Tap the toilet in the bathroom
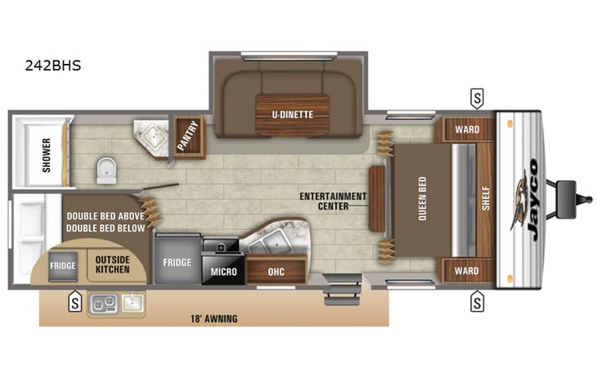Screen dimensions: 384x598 (105, 169)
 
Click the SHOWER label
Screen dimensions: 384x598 (46, 153)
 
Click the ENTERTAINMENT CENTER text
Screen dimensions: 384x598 (332, 201)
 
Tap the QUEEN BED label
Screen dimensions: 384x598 (421, 200)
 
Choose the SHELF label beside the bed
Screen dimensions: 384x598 (485, 199)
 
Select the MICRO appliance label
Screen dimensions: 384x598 (223, 270)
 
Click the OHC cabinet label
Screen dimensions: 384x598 (277, 270)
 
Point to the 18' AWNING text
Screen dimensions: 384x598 (214, 318)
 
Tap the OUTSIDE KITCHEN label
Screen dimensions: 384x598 (112, 263)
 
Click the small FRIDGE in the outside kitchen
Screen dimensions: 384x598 (62, 266)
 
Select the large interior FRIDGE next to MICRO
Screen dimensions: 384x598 (177, 262)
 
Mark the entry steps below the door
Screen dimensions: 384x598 (342, 289)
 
